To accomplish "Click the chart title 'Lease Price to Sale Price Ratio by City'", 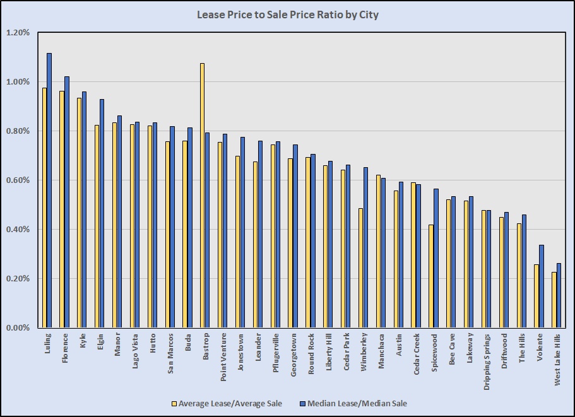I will point(287,14).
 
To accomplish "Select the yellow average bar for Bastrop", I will point(202,196).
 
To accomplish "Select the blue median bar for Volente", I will point(542,286).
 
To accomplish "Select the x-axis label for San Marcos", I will point(170,354).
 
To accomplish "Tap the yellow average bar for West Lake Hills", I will point(554,300).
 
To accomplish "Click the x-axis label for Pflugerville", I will point(276,354).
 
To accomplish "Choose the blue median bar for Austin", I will point(401,255).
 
